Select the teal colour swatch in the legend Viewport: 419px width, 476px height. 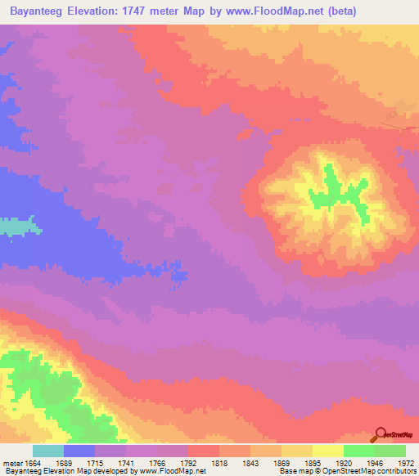click(x=48, y=451)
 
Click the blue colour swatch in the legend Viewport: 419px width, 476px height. click(x=79, y=451)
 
